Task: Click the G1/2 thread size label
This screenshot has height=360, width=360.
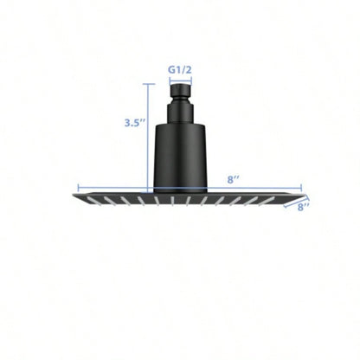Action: tap(180, 63)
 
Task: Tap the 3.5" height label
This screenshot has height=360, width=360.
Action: tap(134, 123)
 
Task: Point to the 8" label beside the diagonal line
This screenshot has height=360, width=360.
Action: tap(305, 207)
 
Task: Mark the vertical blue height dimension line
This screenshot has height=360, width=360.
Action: tap(152, 138)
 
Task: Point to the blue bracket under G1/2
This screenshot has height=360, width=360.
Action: tap(180, 77)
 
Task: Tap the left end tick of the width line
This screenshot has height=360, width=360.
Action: tap(79, 188)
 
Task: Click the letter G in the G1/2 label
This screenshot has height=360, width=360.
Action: tap(170, 63)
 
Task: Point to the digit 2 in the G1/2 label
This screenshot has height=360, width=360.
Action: tap(190, 63)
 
